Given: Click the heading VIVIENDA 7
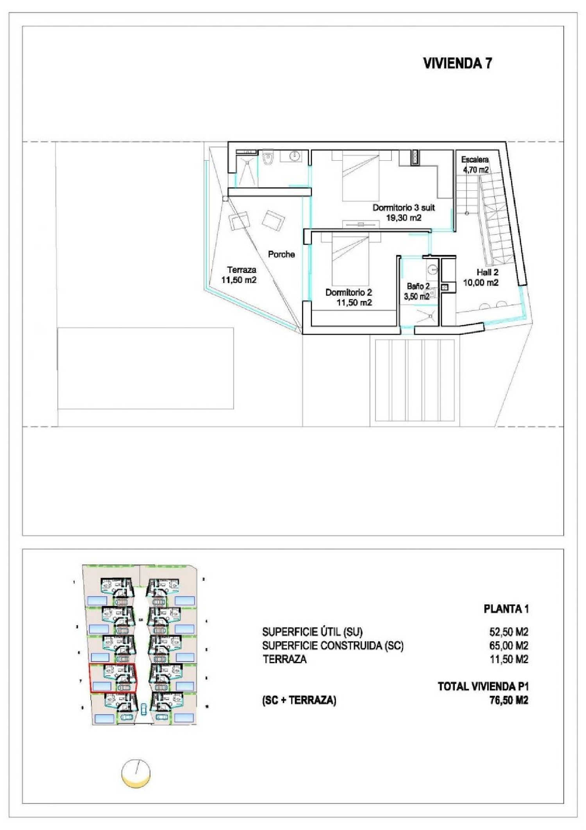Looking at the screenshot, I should point(457,63).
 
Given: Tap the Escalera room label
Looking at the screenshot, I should point(475,160).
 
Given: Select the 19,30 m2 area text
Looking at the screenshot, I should point(404,218).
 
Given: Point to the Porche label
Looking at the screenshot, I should point(281,255).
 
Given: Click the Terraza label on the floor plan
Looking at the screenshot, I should point(241,270).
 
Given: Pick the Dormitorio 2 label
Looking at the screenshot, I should point(348,292).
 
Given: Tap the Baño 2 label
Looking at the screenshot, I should point(418,287).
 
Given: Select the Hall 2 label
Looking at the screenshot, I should point(487,272).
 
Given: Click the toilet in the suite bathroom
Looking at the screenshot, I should point(268,158).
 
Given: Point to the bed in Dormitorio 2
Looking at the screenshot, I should point(350,259).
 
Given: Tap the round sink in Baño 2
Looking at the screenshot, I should point(432,269).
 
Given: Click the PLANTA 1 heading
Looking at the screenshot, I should point(506,609).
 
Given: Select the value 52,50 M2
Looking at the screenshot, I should point(508,632).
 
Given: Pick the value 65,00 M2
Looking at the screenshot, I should point(508,645).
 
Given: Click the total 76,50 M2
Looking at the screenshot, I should point(508,700).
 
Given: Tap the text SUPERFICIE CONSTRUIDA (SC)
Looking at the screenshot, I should point(332,645).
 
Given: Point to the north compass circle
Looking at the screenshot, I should point(136,773).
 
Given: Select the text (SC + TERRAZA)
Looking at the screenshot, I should point(299,700).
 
